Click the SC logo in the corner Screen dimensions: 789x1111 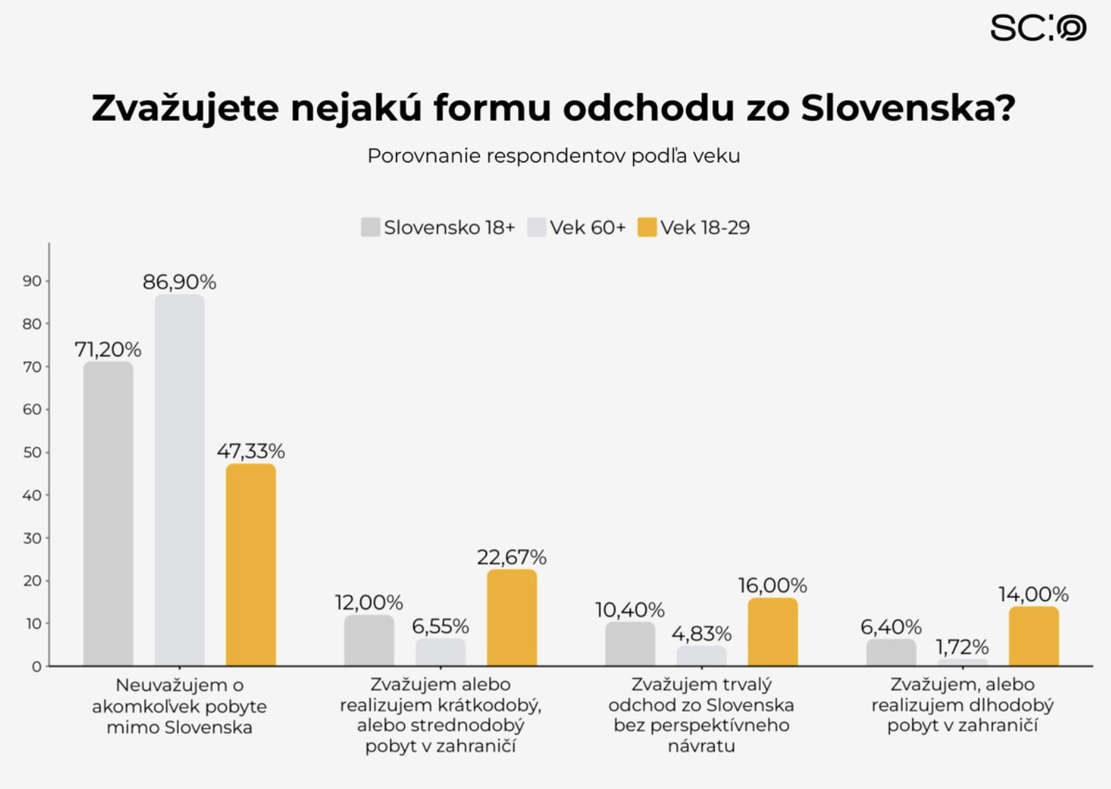click(1037, 29)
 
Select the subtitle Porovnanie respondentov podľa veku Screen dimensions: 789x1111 click(553, 156)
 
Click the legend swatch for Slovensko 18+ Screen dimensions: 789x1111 click(371, 227)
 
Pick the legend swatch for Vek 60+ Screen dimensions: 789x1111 click(537, 227)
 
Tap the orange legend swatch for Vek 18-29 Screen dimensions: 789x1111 click(647, 227)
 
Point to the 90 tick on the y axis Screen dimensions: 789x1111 click(32, 281)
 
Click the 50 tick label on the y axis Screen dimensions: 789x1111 click(32, 452)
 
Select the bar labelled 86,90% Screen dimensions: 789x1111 click(180, 479)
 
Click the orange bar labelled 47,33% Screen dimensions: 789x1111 click(250, 565)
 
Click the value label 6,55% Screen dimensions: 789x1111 click(440, 627)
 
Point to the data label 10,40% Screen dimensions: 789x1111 click(630, 610)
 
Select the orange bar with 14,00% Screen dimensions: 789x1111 click(1034, 636)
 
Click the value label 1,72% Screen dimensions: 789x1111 click(962, 647)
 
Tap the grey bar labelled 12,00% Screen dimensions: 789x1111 click(369, 640)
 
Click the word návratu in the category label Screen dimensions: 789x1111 click(701, 746)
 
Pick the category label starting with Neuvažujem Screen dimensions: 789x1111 click(180, 706)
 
